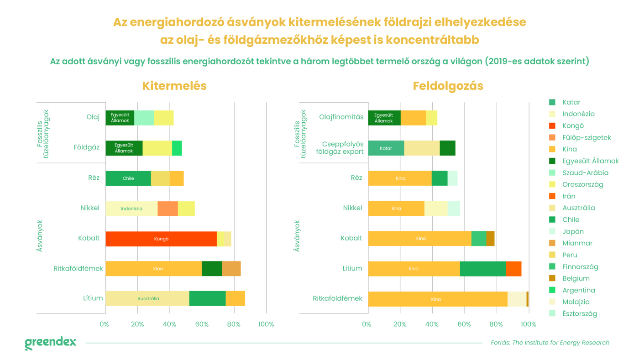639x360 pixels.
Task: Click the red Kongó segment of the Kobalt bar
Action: click(x=161, y=239)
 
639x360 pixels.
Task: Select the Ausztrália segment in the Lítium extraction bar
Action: click(x=147, y=298)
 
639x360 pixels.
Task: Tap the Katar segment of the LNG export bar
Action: click(x=386, y=148)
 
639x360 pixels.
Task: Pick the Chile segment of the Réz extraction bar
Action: click(x=128, y=178)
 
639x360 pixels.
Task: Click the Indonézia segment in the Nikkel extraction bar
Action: click(x=131, y=209)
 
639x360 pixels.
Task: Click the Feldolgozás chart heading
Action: click(x=448, y=86)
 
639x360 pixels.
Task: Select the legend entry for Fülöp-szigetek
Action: click(x=587, y=137)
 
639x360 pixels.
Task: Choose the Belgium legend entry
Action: click(x=576, y=278)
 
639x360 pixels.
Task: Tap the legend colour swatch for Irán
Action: click(x=552, y=196)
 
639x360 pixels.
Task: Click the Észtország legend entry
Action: click(x=579, y=313)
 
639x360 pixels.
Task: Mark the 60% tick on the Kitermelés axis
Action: click(x=202, y=324)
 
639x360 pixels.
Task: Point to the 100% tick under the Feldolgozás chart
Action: click(x=529, y=324)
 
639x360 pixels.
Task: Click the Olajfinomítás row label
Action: click(x=341, y=117)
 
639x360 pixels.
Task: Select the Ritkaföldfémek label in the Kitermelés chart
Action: click(x=78, y=268)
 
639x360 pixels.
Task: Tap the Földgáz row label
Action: click(x=87, y=147)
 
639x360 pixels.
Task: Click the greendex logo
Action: click(x=50, y=343)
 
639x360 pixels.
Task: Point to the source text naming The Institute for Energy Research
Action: click(x=550, y=343)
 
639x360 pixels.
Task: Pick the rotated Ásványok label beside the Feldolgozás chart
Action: click(x=297, y=236)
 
